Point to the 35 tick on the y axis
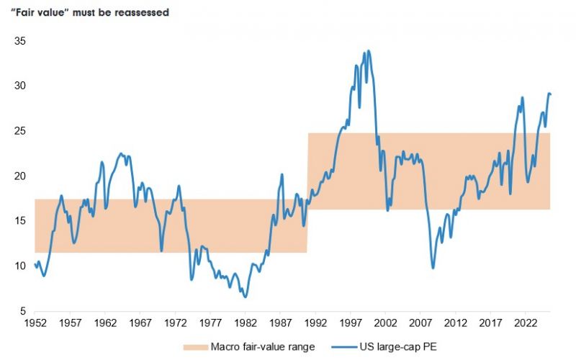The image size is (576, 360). tap(20, 41)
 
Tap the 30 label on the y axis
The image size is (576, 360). tap(20, 86)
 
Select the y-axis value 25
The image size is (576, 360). tap(20, 131)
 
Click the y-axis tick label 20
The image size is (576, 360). tap(20, 176)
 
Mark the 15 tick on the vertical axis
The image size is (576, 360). tap(20, 221)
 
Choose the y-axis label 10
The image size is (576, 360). tap(20, 266)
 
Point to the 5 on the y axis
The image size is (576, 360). tap(23, 311)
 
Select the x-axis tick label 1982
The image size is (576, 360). tap(246, 323)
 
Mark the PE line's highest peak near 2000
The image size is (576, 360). tap(369, 51)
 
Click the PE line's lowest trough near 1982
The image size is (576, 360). tap(245, 297)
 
